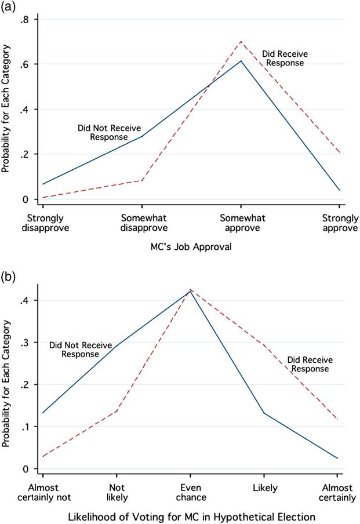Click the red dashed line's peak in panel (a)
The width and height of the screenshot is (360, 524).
(x=241, y=41)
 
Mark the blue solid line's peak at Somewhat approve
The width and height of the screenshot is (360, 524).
(x=241, y=60)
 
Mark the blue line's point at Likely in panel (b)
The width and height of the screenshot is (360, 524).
(x=264, y=413)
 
